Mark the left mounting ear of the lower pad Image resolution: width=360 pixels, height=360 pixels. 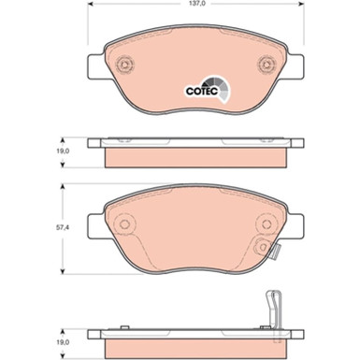click(94, 224)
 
